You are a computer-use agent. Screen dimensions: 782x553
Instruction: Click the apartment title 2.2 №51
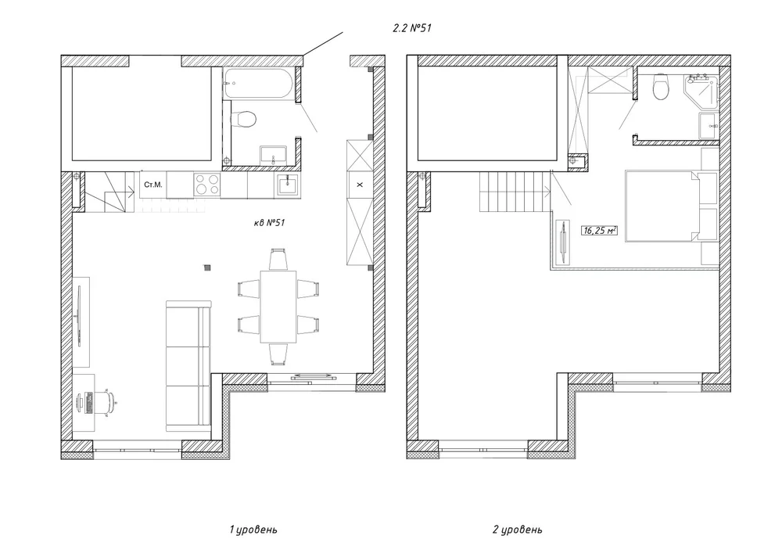pyautogui.click(x=412, y=28)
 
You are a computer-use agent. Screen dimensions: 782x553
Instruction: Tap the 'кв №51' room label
pyautogui.click(x=269, y=222)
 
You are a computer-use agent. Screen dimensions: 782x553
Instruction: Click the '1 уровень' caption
pyautogui.click(x=253, y=529)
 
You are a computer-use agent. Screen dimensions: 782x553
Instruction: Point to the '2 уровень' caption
pyautogui.click(x=517, y=529)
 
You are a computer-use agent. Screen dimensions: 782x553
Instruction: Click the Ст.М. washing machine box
pyautogui.click(x=153, y=185)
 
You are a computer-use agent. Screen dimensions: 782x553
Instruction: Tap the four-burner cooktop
pyautogui.click(x=207, y=184)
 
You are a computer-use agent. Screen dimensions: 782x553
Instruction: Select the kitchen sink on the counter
pyautogui.click(x=287, y=185)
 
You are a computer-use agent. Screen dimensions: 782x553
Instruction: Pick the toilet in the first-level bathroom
pyautogui.click(x=244, y=120)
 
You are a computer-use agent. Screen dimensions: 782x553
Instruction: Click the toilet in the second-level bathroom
pyautogui.click(x=662, y=87)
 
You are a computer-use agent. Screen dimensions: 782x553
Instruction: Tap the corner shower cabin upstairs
pyautogui.click(x=703, y=93)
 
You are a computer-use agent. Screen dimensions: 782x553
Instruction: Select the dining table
pyautogui.click(x=278, y=307)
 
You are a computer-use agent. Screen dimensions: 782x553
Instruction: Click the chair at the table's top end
pyautogui.click(x=278, y=260)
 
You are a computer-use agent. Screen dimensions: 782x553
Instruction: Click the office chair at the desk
pyautogui.click(x=106, y=402)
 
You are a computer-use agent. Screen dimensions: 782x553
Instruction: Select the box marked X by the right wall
pyautogui.click(x=360, y=185)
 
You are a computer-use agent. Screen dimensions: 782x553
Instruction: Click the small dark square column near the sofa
pyautogui.click(x=207, y=268)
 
